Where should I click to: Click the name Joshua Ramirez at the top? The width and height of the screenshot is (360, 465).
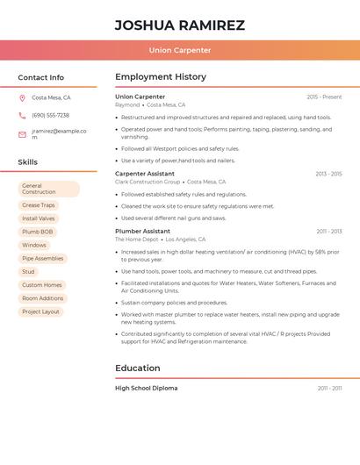click(180, 25)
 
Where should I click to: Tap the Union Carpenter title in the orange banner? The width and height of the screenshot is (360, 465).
click(180, 50)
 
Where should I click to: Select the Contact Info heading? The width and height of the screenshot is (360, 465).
click(41, 77)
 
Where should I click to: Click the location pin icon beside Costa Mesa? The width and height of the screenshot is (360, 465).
click(22, 98)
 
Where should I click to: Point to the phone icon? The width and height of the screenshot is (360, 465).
click(22, 116)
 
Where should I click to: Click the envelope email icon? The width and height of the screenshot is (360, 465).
click(22, 134)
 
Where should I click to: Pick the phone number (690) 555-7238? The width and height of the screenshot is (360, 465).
click(50, 116)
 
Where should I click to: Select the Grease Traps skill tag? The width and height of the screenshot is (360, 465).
click(39, 205)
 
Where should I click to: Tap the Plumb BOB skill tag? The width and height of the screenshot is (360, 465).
click(38, 232)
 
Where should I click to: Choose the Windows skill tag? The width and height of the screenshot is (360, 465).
click(34, 245)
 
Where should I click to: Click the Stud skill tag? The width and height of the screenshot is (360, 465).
click(29, 272)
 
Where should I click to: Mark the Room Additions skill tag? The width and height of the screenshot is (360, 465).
click(43, 298)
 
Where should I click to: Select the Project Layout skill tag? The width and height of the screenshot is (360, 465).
click(40, 311)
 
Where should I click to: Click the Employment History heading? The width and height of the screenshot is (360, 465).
click(161, 77)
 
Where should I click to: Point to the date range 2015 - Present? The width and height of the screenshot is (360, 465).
click(324, 97)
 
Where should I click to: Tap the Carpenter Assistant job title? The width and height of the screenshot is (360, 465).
click(145, 174)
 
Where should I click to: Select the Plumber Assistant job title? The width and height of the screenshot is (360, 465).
click(142, 232)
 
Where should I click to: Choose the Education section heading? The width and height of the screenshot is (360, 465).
click(138, 368)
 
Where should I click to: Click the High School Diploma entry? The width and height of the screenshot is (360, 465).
click(147, 388)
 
